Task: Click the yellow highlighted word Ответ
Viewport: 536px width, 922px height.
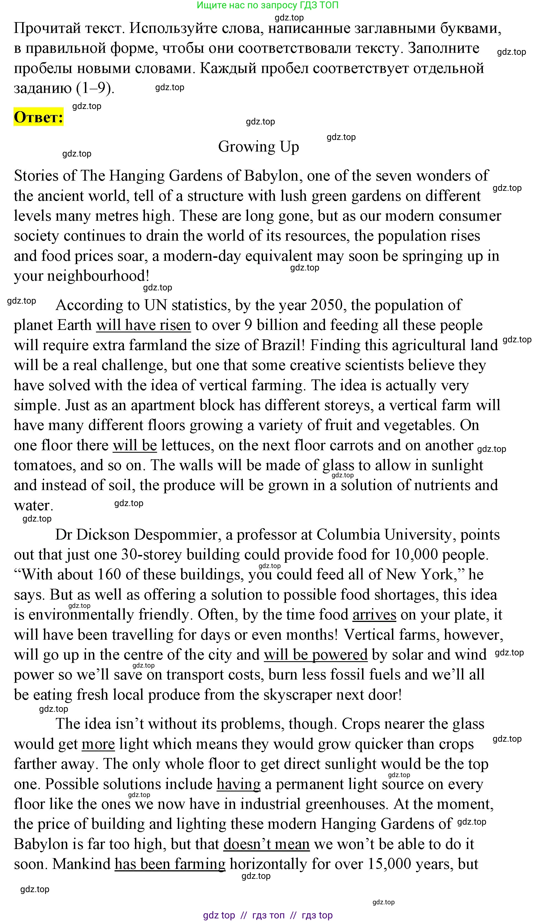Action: coord(38,117)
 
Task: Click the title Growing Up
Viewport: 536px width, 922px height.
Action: coord(258,147)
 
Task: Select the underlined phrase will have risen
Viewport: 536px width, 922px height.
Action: coord(144,325)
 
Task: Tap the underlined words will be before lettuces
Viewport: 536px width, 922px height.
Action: coord(135,445)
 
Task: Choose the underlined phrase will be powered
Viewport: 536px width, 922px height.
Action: coord(315,655)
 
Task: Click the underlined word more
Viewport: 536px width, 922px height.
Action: coord(98,744)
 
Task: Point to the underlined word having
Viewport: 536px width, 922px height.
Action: coord(239,784)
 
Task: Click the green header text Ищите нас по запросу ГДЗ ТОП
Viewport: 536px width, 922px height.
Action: coord(267,5)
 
